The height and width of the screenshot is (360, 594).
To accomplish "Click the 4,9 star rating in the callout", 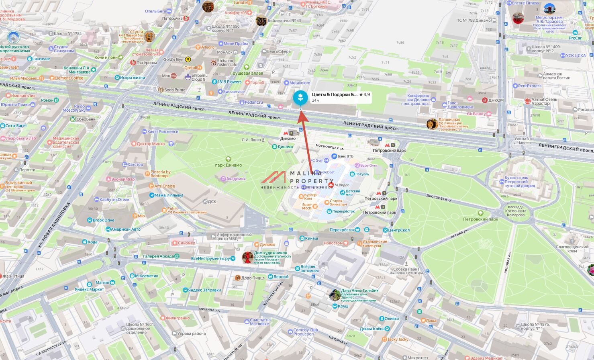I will (365, 94).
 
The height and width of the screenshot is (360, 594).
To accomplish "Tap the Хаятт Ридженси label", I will (163, 131).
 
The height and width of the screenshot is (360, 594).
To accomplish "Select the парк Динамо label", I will (228, 165).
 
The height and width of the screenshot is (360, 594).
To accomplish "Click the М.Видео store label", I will (342, 185).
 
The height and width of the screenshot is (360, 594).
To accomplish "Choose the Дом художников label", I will (270, 253).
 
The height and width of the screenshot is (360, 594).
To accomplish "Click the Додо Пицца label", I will (253, 278).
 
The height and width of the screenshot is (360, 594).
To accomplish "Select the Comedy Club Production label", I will (305, 332).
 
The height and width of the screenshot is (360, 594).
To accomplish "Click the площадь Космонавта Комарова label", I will (515, 213).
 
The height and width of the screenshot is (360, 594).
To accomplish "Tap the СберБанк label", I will (86, 119).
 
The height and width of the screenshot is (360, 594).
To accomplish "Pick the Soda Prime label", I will (175, 90).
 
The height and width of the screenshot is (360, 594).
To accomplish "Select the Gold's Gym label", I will (174, 59).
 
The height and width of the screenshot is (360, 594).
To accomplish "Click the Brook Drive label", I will (103, 220).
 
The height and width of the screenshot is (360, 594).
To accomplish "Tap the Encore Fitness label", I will (525, 3).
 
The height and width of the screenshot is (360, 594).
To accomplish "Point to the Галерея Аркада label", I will (159, 256).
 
